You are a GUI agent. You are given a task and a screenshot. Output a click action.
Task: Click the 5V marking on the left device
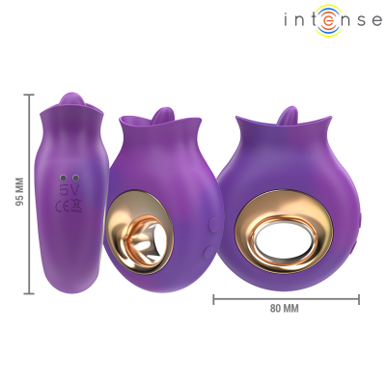pyautogui.click(x=69, y=191)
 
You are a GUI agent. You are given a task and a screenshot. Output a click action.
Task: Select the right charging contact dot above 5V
pyautogui.click(x=74, y=179)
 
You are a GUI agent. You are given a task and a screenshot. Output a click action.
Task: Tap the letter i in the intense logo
pyautogui.click(x=289, y=18)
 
